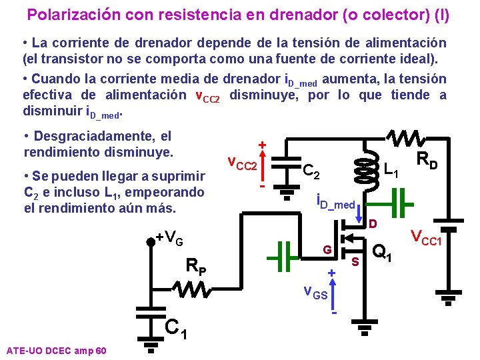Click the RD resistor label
coord(427,160)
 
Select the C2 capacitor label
coord(312,172)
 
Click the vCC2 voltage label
coord(241,164)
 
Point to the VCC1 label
coord(426,236)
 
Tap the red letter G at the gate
coord(327,249)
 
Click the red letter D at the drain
coord(373,223)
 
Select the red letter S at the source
coord(355,261)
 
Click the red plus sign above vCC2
coord(263,145)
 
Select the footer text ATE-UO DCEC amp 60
coord(55,350)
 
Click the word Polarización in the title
coord(65,14)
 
